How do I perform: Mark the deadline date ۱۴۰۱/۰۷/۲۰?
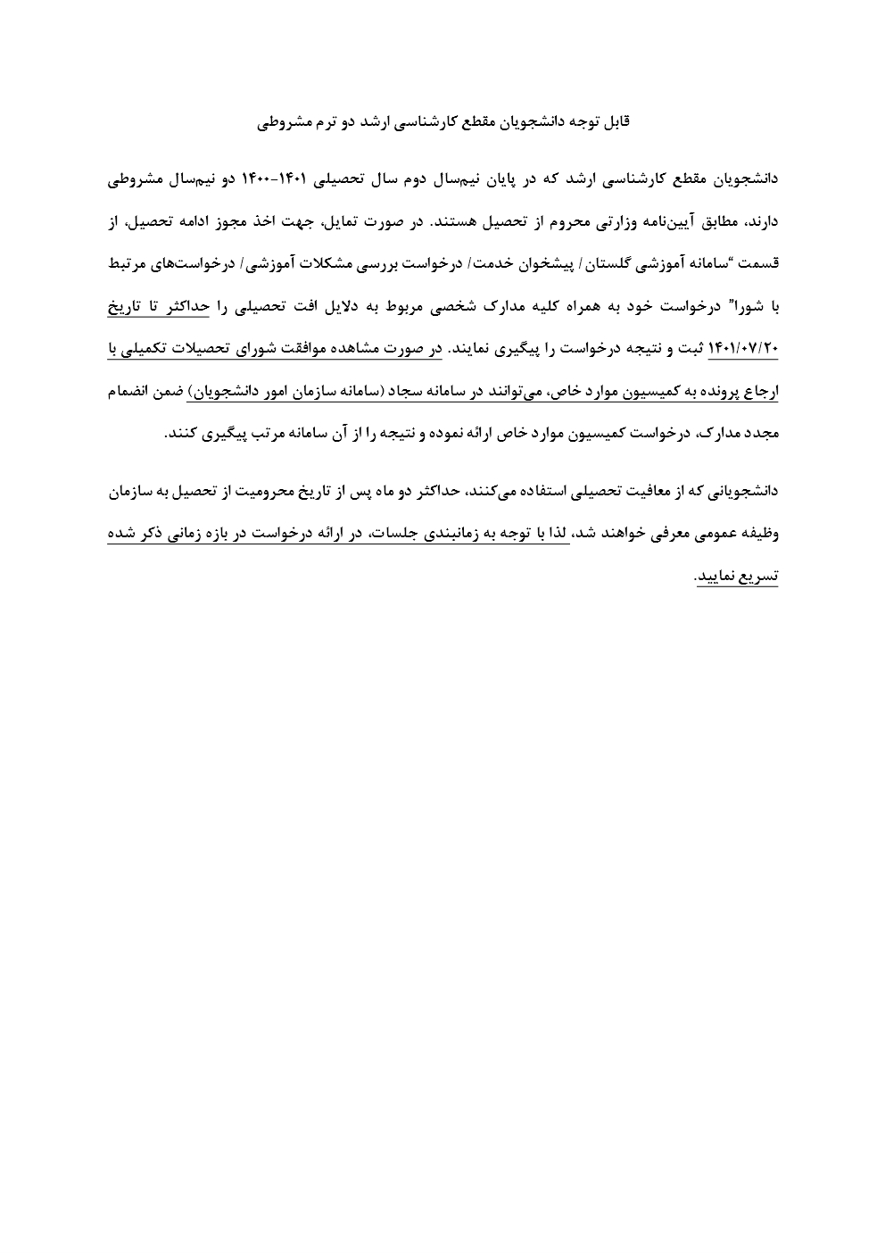pos(744,350)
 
